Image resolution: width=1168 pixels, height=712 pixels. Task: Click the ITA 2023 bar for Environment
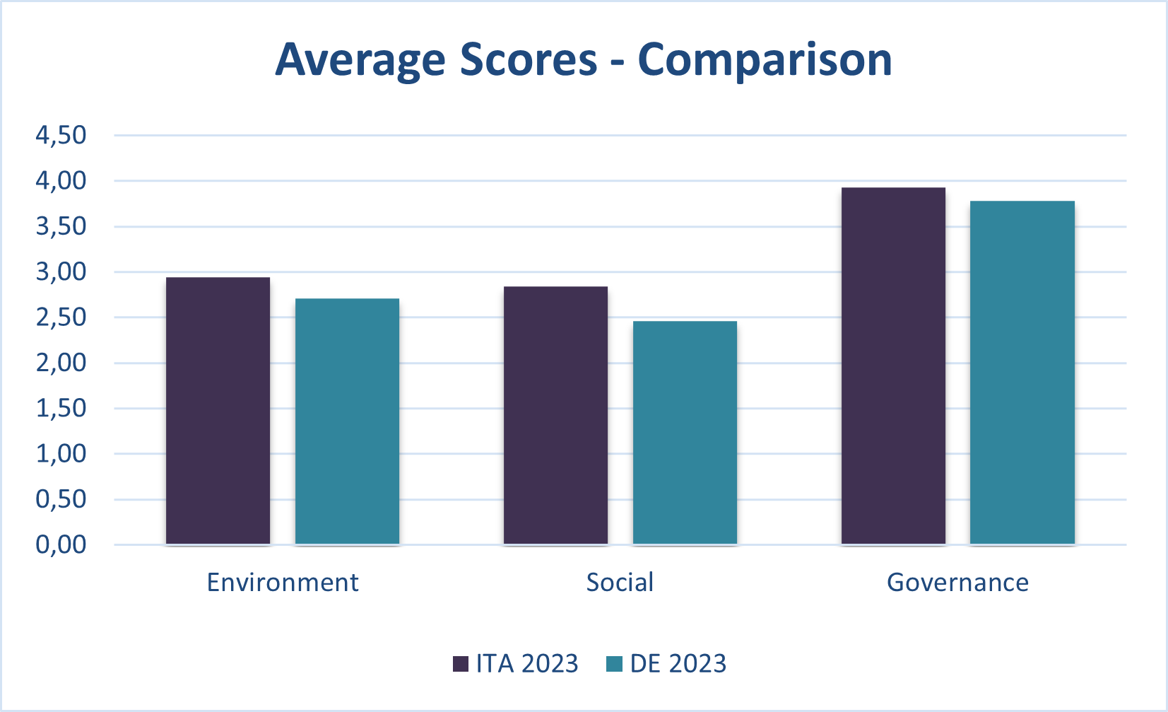[218, 411]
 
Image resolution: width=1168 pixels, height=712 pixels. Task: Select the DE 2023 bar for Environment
[347, 421]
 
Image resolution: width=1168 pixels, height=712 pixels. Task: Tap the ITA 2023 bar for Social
[555, 415]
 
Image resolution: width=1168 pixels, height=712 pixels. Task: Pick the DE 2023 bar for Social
[685, 433]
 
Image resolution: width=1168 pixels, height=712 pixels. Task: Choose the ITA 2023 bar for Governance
[893, 366]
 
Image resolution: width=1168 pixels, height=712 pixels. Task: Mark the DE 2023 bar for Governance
[1022, 373]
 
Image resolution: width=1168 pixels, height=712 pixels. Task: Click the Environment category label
[283, 583]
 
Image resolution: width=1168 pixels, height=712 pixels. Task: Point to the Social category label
[620, 583]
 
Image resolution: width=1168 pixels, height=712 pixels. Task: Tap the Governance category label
[957, 583]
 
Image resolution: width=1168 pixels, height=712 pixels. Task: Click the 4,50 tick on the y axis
[61, 135]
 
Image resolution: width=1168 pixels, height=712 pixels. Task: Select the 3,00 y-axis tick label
[61, 272]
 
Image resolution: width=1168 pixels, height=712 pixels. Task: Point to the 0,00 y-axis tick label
[61, 544]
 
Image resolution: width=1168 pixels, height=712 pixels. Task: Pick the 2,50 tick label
[61, 317]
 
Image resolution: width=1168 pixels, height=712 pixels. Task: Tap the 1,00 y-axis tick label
[61, 454]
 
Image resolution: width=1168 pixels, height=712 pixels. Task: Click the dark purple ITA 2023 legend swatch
[461, 664]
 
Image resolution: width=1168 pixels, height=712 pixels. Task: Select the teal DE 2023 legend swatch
[615, 664]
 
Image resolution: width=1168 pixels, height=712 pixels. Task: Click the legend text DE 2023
[678, 664]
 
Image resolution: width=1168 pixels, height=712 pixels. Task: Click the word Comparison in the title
[765, 59]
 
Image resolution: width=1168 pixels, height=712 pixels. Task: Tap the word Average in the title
[360, 59]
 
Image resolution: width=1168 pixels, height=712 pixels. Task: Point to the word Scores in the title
[529, 59]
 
